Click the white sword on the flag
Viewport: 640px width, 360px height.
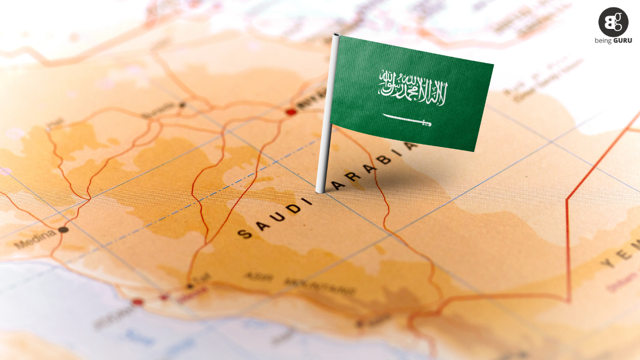(x=406, y=120)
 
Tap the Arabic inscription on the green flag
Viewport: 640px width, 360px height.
(x=413, y=88)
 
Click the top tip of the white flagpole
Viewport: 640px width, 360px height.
(x=336, y=35)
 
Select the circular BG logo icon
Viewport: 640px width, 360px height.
(x=613, y=22)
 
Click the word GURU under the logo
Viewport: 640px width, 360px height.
(x=622, y=40)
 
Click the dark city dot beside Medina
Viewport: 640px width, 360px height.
(x=63, y=230)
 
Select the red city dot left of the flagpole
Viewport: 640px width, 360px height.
(x=291, y=112)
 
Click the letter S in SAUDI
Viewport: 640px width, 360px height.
(x=244, y=233)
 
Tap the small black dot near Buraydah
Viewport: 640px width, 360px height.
(x=182, y=105)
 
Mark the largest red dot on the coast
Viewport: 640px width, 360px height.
(x=137, y=302)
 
